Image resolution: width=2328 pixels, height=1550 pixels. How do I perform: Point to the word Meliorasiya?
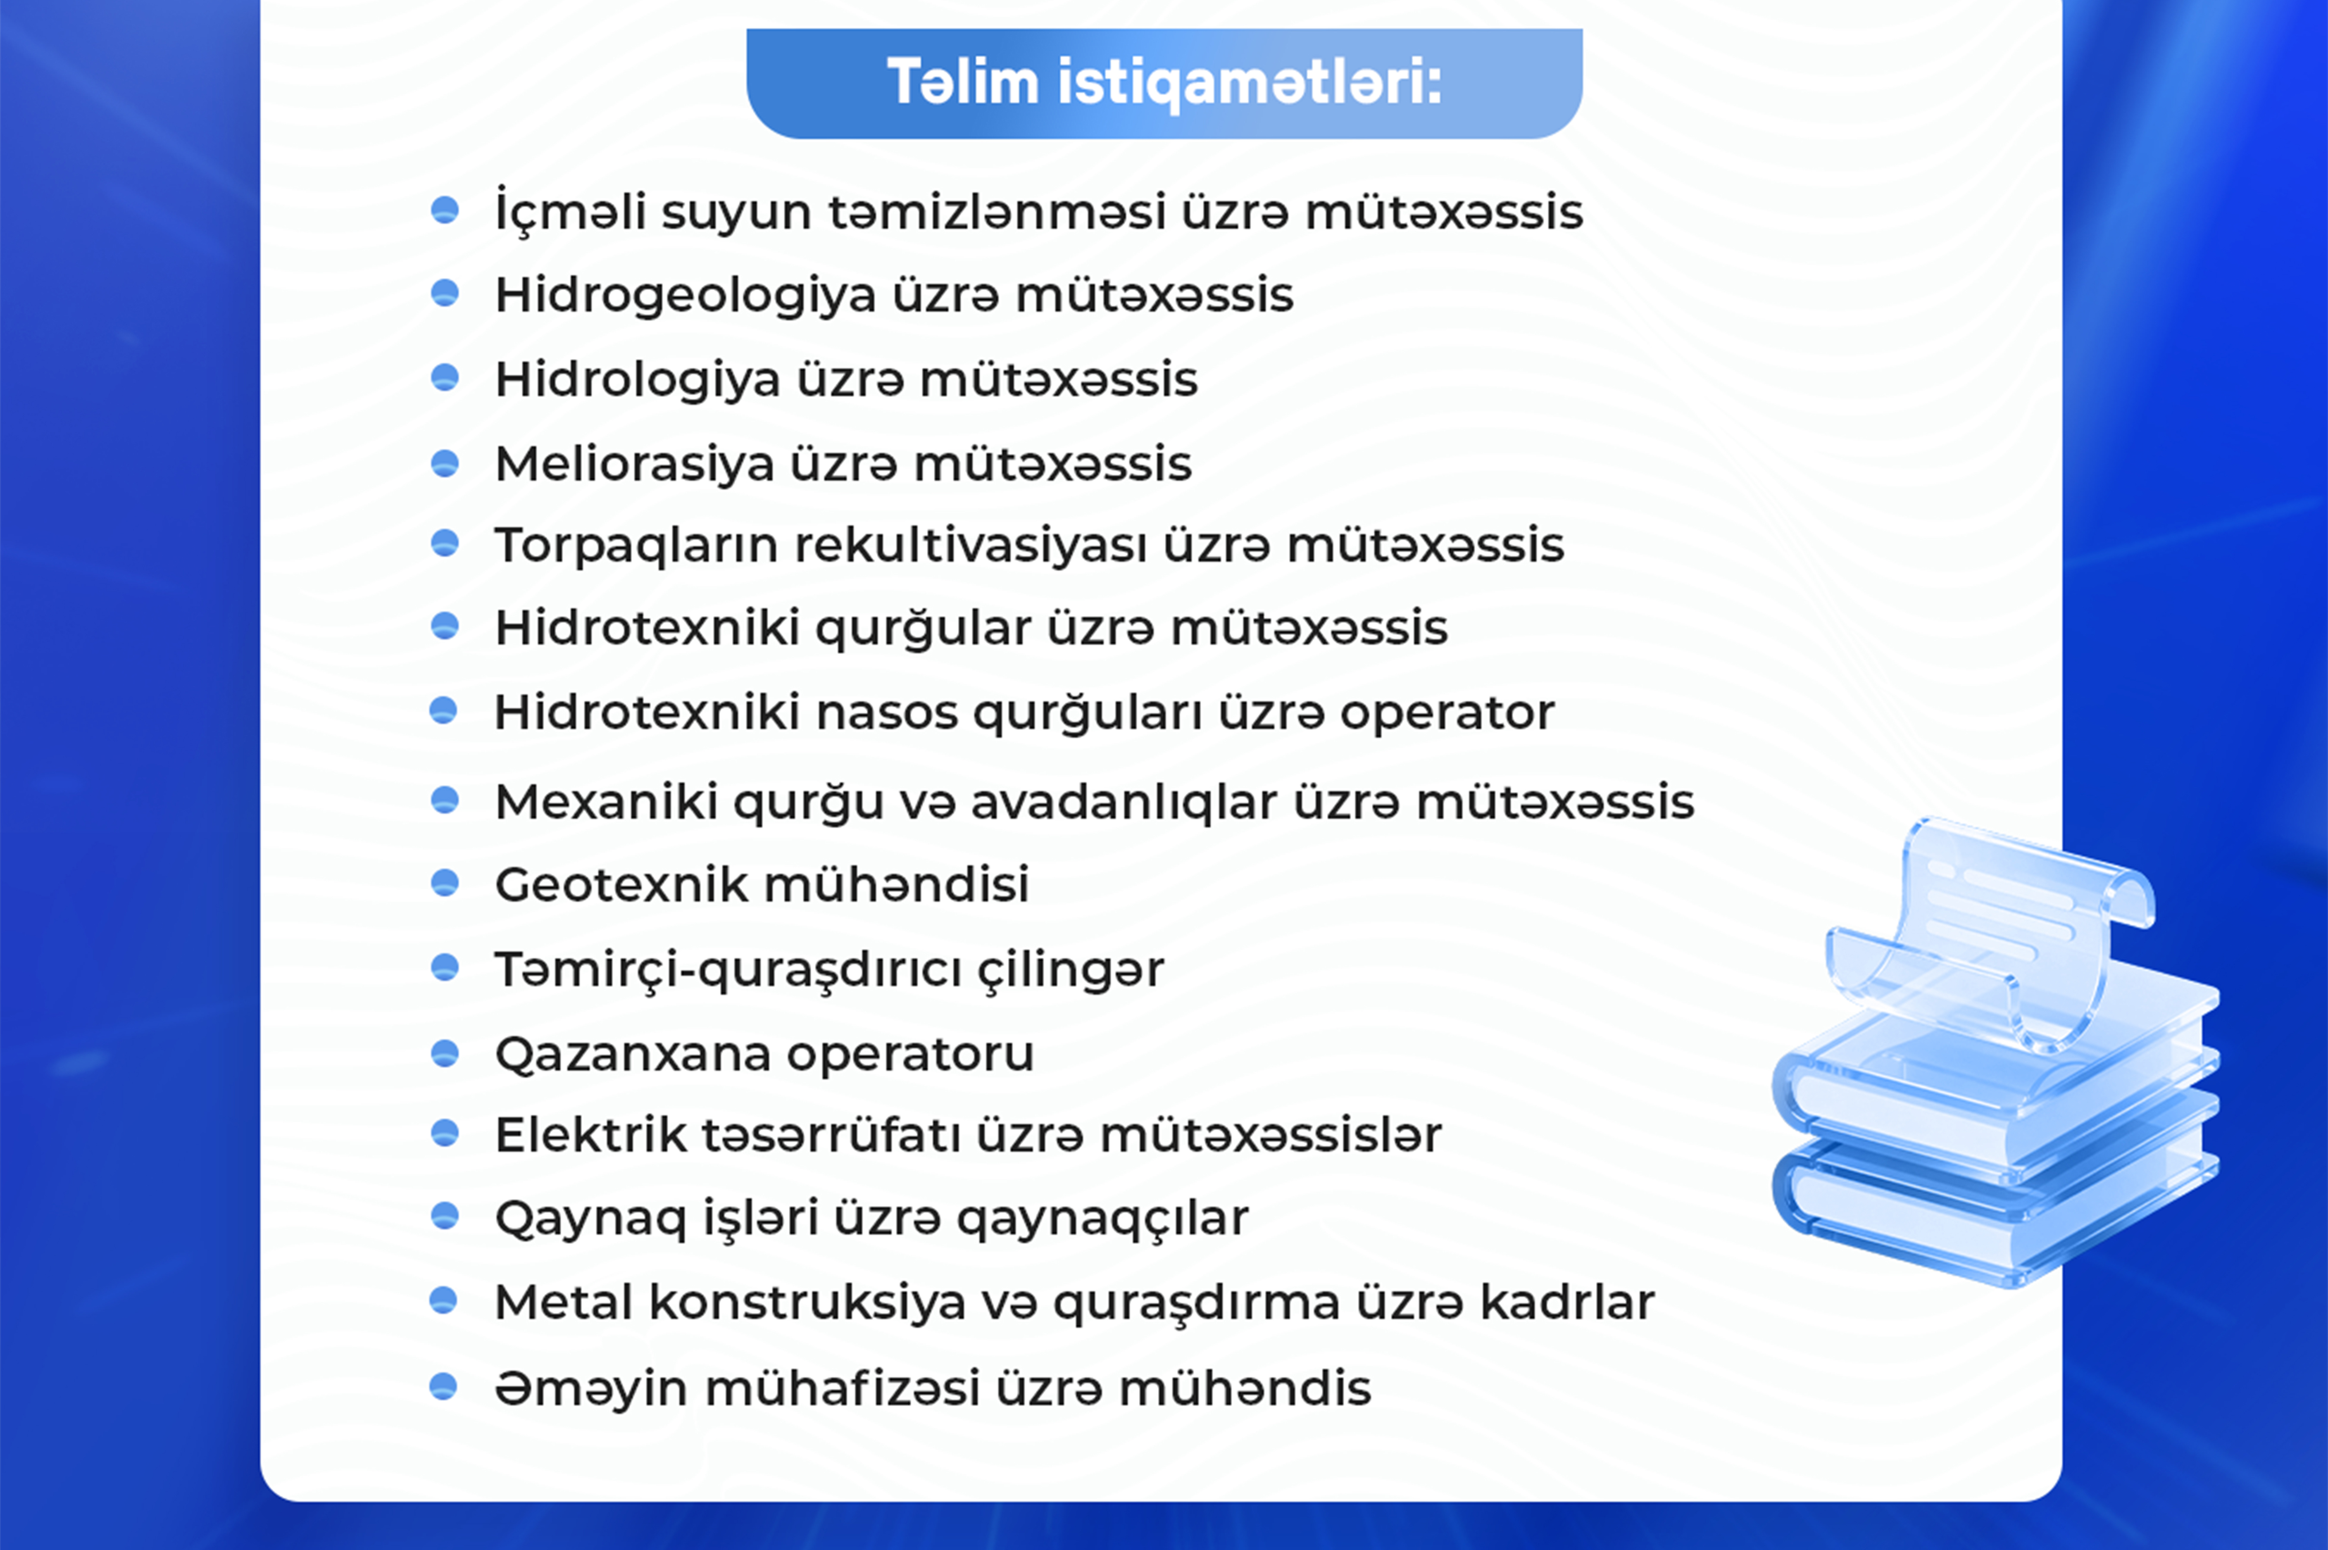click(634, 464)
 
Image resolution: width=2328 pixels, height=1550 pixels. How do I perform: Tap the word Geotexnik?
click(622, 884)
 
